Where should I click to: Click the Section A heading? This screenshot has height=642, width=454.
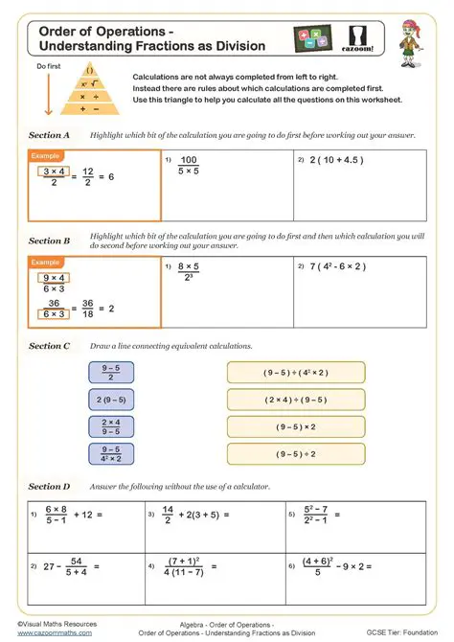(50, 135)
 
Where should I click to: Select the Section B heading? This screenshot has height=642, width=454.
(50, 241)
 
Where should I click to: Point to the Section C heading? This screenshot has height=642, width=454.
(50, 346)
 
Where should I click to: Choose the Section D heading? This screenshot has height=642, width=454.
(50, 487)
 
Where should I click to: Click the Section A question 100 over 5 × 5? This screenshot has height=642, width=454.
(188, 166)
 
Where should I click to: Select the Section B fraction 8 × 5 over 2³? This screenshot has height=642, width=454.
(188, 271)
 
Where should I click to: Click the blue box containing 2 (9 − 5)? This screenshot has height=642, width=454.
(110, 399)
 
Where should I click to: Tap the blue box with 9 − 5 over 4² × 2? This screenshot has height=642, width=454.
(110, 453)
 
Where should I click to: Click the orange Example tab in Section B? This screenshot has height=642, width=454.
(46, 262)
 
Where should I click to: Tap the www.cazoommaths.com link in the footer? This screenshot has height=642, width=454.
(55, 633)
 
